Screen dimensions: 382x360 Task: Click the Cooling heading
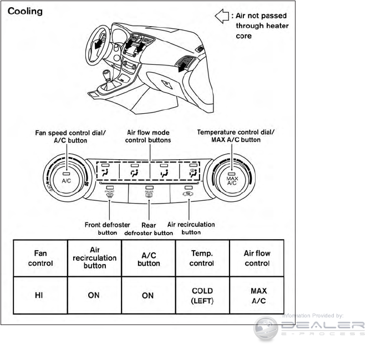[x=25, y=12]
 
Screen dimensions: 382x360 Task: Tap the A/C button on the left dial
[x=66, y=178]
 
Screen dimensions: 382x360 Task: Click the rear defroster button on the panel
[x=149, y=193]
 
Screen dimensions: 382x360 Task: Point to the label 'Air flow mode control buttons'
[x=149, y=136]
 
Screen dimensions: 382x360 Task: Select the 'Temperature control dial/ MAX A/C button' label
[x=229, y=136]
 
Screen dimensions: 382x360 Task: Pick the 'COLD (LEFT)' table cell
[x=202, y=296]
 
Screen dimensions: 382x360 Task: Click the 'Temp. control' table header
[x=202, y=258]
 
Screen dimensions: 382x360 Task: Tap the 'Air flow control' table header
[x=257, y=258]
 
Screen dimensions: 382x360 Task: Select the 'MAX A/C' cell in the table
[x=257, y=296]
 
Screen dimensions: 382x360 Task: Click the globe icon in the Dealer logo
[x=266, y=328]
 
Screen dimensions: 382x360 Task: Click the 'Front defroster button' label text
[x=108, y=229]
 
